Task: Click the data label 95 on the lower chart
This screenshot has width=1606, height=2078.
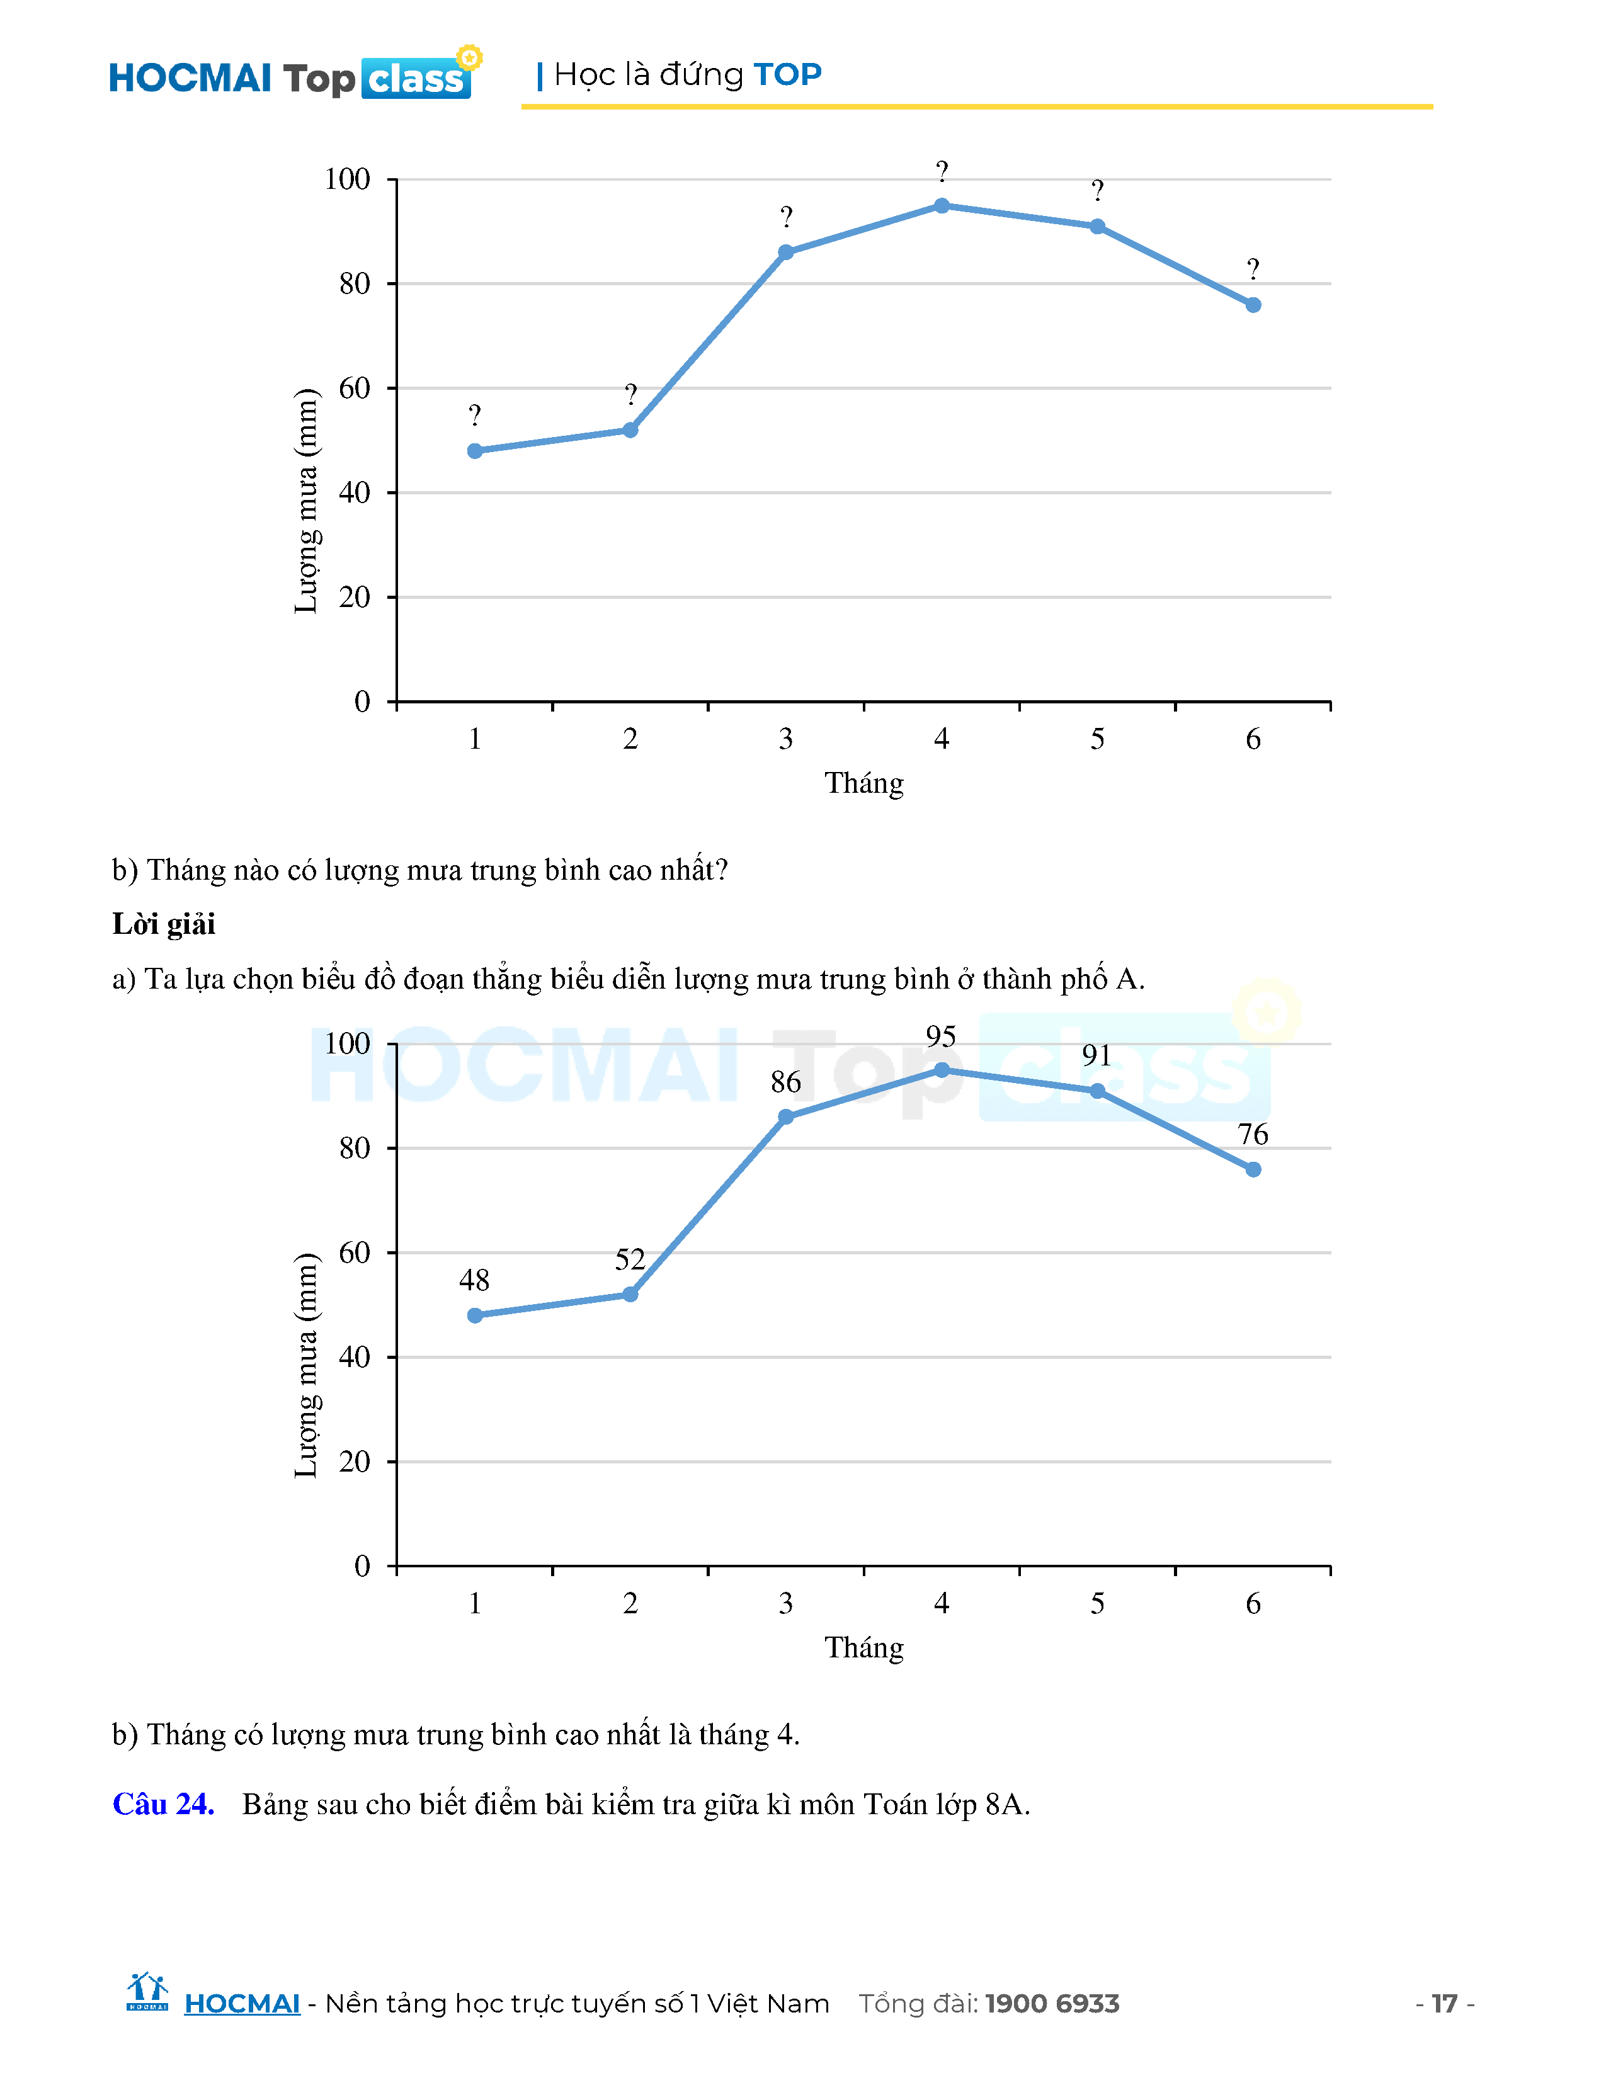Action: click(x=940, y=1036)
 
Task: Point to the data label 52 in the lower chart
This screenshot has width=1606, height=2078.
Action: click(x=630, y=1259)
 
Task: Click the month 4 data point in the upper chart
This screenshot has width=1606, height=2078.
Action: click(x=941, y=205)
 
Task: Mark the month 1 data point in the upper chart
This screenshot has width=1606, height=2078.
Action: click(x=475, y=451)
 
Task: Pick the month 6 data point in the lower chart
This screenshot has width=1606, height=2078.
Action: click(x=1253, y=1169)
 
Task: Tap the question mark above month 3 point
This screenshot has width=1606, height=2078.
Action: click(x=786, y=218)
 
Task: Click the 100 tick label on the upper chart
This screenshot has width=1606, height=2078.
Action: click(x=347, y=179)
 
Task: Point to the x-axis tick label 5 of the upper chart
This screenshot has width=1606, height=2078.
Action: click(x=1097, y=739)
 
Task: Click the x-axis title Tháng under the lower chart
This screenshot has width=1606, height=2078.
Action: click(x=864, y=1647)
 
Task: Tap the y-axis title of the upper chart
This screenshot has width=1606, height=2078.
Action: click(x=306, y=501)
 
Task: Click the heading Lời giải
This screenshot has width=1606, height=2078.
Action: click(x=164, y=924)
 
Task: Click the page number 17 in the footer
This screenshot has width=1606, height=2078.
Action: click(x=1444, y=2003)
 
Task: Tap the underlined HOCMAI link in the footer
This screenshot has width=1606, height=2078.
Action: click(x=242, y=2003)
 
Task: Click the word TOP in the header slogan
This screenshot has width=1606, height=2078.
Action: click(x=787, y=74)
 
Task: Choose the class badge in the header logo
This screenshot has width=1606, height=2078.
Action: click(x=416, y=79)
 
